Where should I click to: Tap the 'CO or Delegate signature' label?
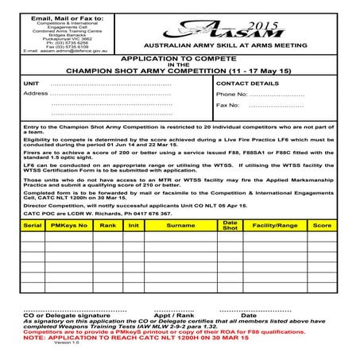(66, 315)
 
